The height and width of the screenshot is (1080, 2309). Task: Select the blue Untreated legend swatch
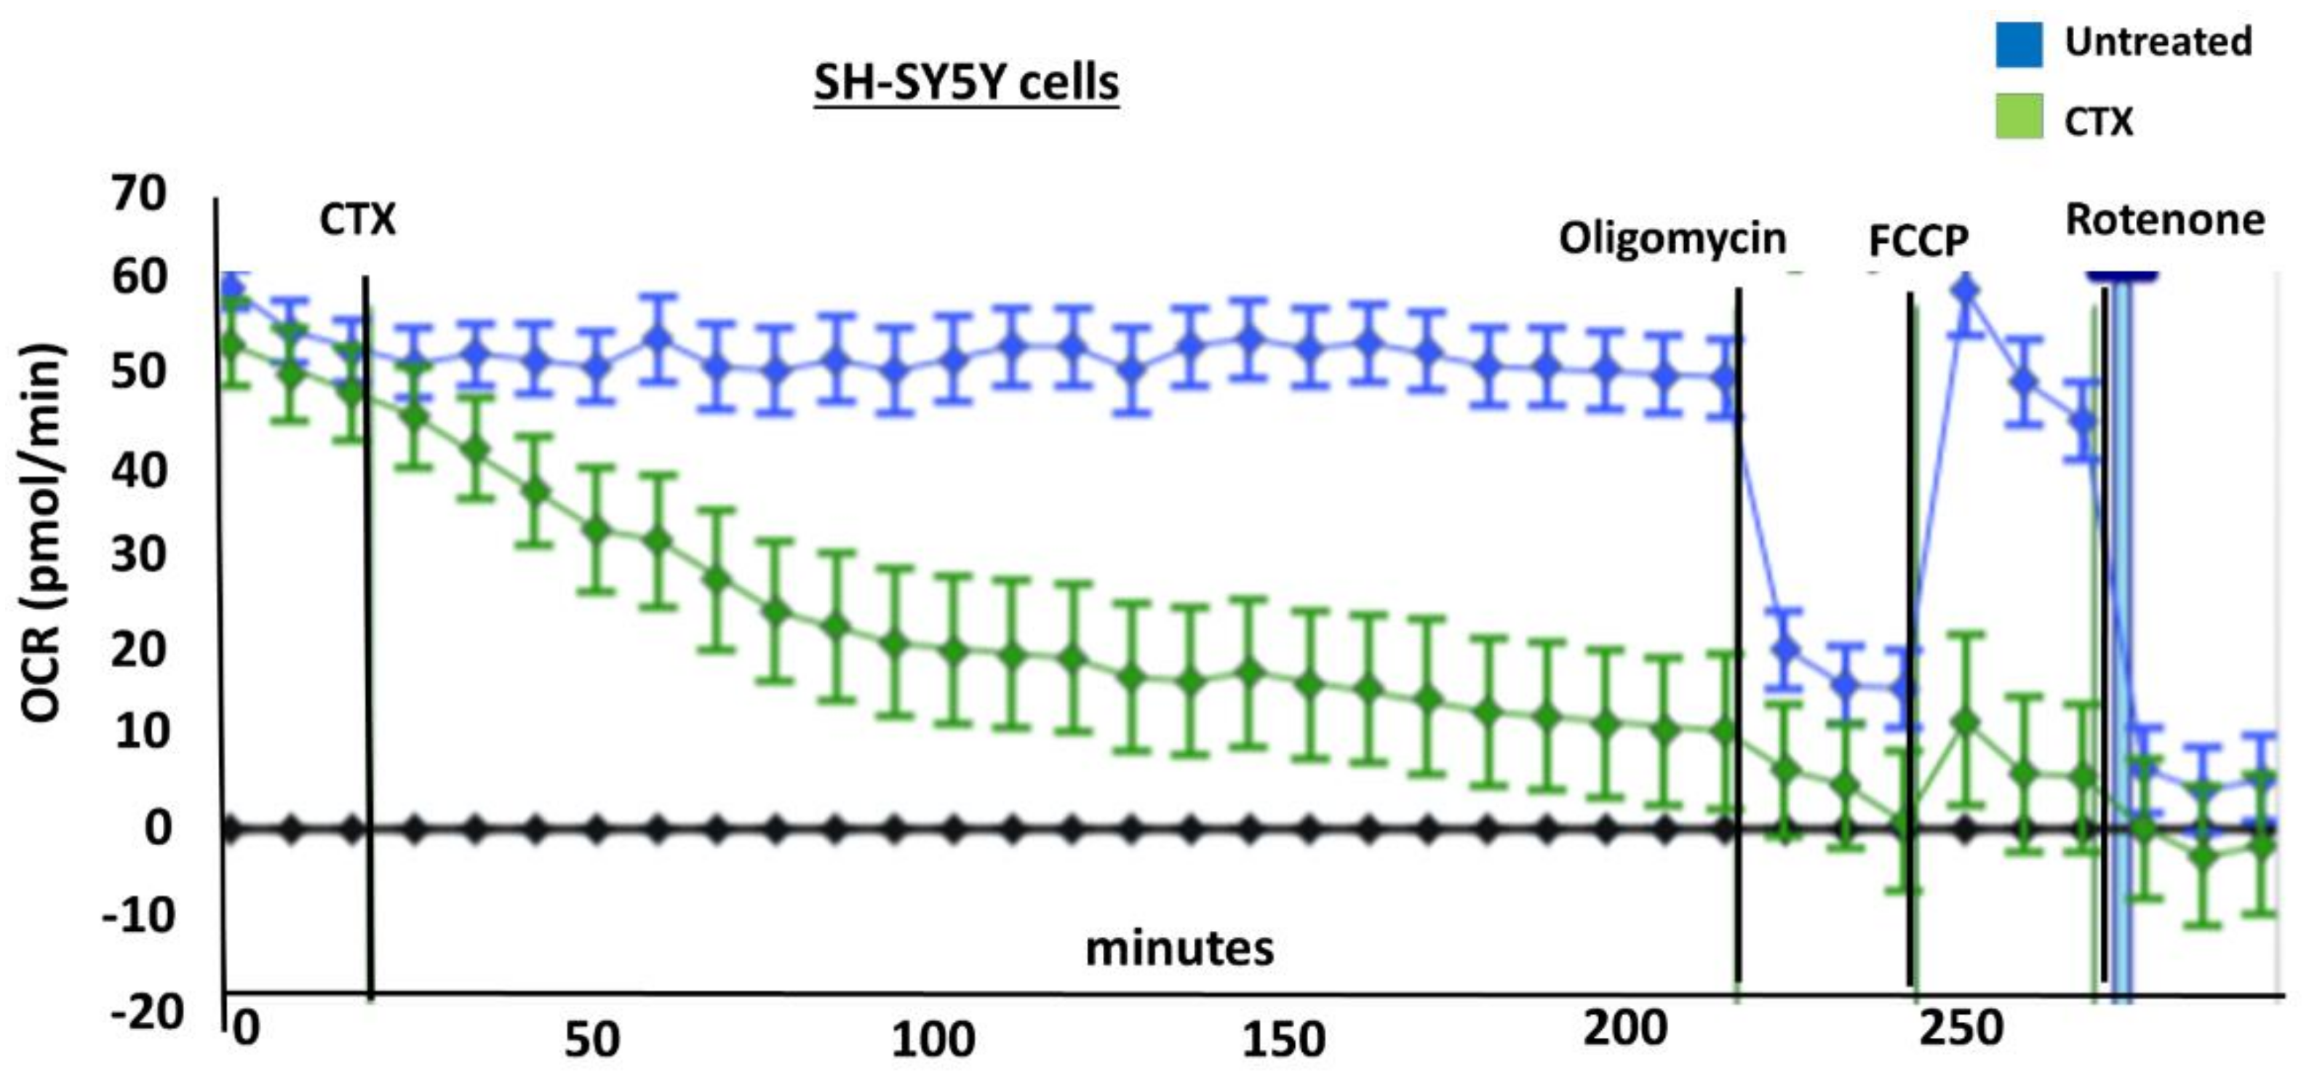[x=2019, y=44]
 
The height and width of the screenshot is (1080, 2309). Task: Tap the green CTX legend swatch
[x=2019, y=116]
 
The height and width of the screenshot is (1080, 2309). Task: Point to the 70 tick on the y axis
[x=139, y=193]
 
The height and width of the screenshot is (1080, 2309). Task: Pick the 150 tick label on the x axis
[x=1283, y=1040]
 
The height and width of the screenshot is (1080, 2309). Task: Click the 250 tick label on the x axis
[x=1961, y=1029]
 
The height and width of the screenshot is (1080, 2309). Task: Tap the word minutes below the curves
[x=1179, y=948]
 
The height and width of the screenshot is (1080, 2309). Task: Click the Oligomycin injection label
[x=1672, y=239]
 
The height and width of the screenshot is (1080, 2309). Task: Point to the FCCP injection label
[x=1918, y=240]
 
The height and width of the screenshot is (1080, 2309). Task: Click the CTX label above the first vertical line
[x=356, y=220]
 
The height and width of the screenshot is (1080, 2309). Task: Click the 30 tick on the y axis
[x=139, y=555]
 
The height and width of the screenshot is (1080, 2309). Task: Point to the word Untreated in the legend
[x=2158, y=42]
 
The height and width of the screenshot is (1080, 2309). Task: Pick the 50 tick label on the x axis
[x=591, y=1040]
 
